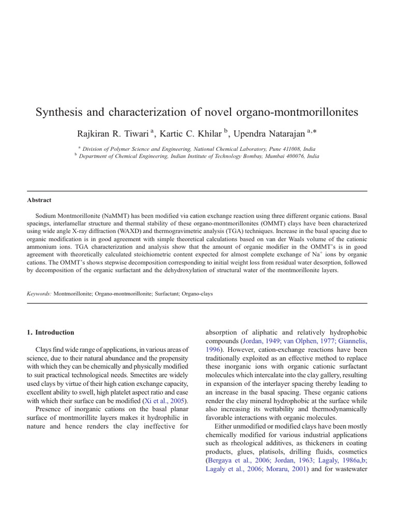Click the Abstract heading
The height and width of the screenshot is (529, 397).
(39, 200)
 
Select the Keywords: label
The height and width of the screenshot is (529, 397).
(39, 293)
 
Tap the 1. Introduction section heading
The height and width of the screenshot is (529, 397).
(50, 332)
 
